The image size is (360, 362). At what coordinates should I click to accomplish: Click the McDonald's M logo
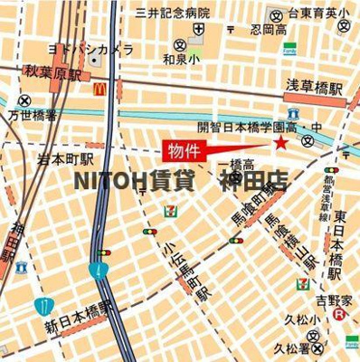pos(98,90)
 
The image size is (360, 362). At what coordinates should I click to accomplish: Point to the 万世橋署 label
pos(33,116)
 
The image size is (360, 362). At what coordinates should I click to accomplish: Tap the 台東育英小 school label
pos(319,13)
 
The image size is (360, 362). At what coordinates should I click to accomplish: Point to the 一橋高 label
pos(236,164)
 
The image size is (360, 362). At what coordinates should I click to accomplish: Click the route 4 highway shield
pos(97,270)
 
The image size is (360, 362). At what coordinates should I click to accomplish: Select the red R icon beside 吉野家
pos(339,314)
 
